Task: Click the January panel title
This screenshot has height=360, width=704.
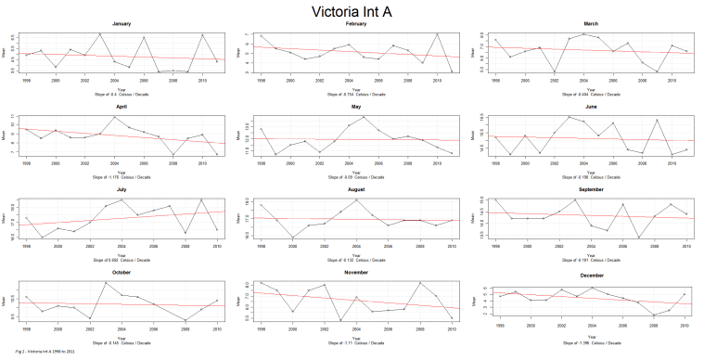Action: [x=121, y=23]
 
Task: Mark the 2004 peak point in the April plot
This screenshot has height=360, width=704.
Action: [x=114, y=117]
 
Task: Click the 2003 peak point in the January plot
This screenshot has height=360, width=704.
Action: [x=99, y=33]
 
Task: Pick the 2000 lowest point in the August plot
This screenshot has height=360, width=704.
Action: [x=291, y=238]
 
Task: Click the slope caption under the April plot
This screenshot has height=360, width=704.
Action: [x=121, y=175]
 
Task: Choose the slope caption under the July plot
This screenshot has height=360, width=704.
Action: [x=121, y=259]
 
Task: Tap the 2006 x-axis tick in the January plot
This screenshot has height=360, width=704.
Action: [x=144, y=80]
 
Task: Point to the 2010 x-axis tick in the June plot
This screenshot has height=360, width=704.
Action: [x=685, y=163]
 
